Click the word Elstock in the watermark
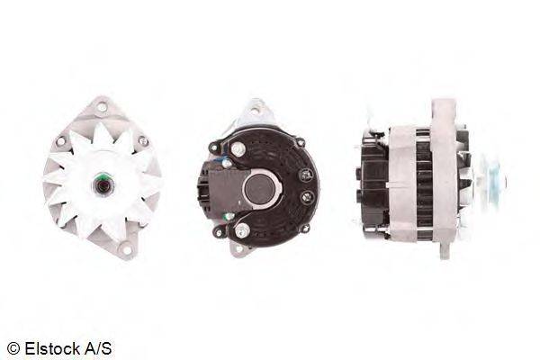(x=52, y=348)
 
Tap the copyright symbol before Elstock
(x=13, y=349)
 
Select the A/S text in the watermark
(x=98, y=348)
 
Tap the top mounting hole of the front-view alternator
(x=101, y=106)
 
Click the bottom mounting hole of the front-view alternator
(x=126, y=249)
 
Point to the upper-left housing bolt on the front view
(x=60, y=140)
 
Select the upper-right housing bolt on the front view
(x=142, y=140)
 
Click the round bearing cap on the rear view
(x=260, y=188)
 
